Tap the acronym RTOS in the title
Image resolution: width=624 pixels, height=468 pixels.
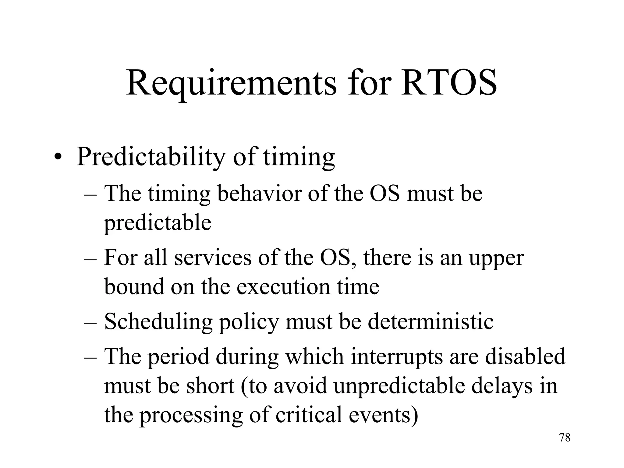[x=449, y=83]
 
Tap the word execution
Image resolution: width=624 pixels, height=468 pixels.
[x=283, y=286]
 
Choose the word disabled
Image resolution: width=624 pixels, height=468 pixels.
[x=525, y=356]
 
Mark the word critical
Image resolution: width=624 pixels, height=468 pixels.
[x=309, y=415]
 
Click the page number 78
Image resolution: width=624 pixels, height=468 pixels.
[x=565, y=438]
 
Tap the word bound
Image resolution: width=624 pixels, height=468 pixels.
[x=134, y=286]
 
